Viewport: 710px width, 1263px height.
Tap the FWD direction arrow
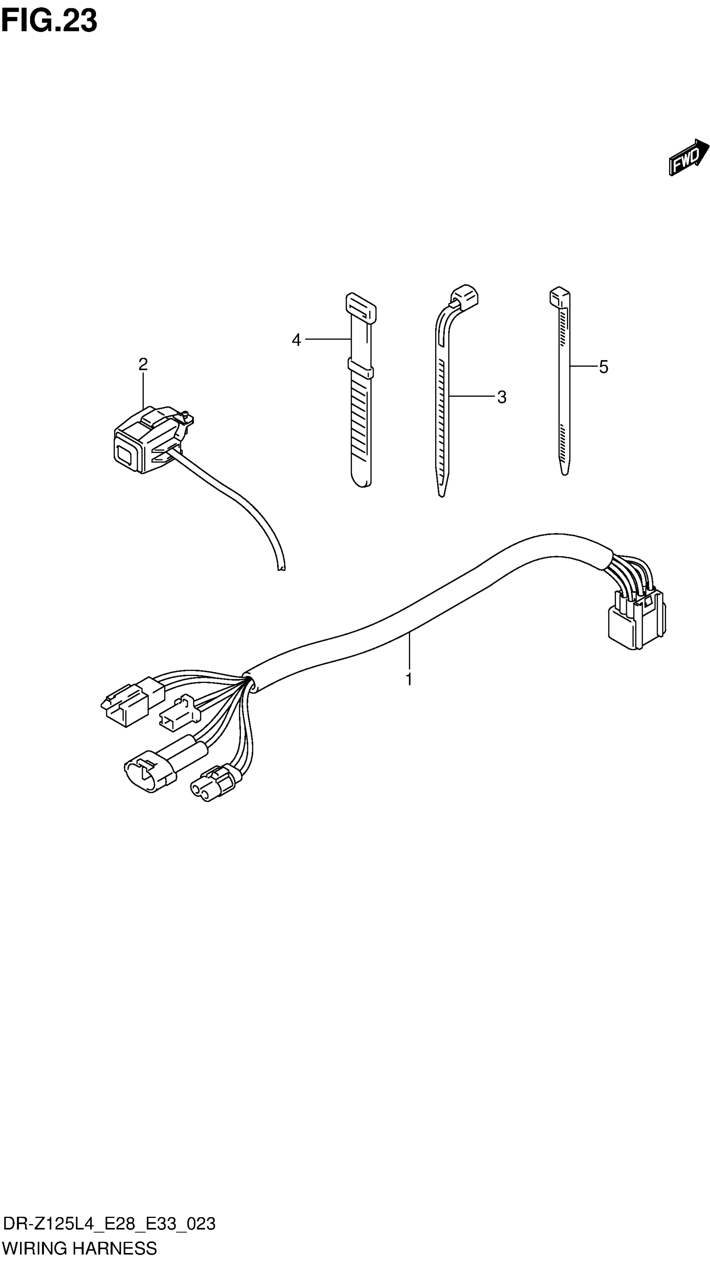pos(688,157)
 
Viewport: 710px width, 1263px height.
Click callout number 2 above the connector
pos(143,364)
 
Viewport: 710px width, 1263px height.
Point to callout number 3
pos(502,397)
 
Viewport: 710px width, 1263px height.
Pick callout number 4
pos(296,340)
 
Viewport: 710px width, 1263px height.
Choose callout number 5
pos(603,367)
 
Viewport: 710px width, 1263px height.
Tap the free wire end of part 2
pos(281,568)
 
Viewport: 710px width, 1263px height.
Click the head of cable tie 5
pos(559,297)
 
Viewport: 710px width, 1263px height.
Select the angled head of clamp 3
pos(464,296)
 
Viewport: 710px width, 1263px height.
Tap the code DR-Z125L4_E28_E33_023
pos(109,1224)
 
